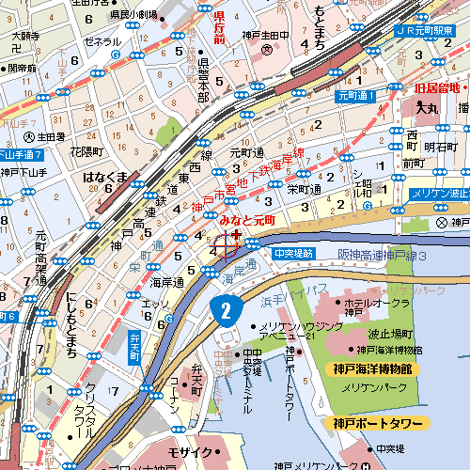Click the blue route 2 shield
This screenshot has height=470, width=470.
pos(223,309)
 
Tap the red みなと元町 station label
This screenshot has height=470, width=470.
pos(246,219)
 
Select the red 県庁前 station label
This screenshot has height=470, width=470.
pos(219,25)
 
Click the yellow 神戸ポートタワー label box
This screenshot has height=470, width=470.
pos(379,423)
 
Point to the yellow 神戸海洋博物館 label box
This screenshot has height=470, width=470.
pos(369,368)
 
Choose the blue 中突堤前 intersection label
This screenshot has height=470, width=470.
pos(292,254)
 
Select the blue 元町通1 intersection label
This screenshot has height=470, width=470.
pos(356,96)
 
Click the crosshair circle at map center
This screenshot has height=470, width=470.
pos(226,247)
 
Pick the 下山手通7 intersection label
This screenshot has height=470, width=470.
pos(23,153)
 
